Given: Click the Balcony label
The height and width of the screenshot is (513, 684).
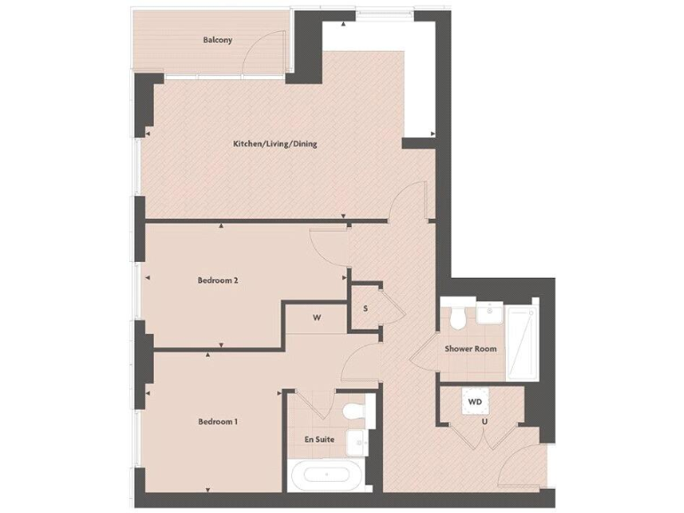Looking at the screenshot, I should pyautogui.click(x=217, y=40).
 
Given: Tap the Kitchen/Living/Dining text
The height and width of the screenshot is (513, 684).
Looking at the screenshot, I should pyautogui.click(x=275, y=143).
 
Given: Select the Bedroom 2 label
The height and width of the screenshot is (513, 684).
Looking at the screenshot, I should pyautogui.click(x=217, y=281).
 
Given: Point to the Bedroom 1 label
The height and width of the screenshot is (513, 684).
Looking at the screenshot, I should pyautogui.click(x=217, y=421).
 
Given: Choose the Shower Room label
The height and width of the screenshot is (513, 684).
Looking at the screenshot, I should pyautogui.click(x=470, y=348).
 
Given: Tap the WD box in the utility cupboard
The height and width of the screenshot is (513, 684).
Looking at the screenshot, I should pyautogui.click(x=475, y=403).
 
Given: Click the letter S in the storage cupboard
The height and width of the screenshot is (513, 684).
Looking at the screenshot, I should pyautogui.click(x=365, y=308).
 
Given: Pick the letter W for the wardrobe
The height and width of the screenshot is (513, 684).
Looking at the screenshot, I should pyautogui.click(x=316, y=317).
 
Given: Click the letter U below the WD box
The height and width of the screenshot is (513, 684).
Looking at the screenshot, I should pyautogui.click(x=484, y=421).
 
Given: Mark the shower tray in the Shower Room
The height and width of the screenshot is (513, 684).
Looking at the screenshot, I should pyautogui.click(x=519, y=337).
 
